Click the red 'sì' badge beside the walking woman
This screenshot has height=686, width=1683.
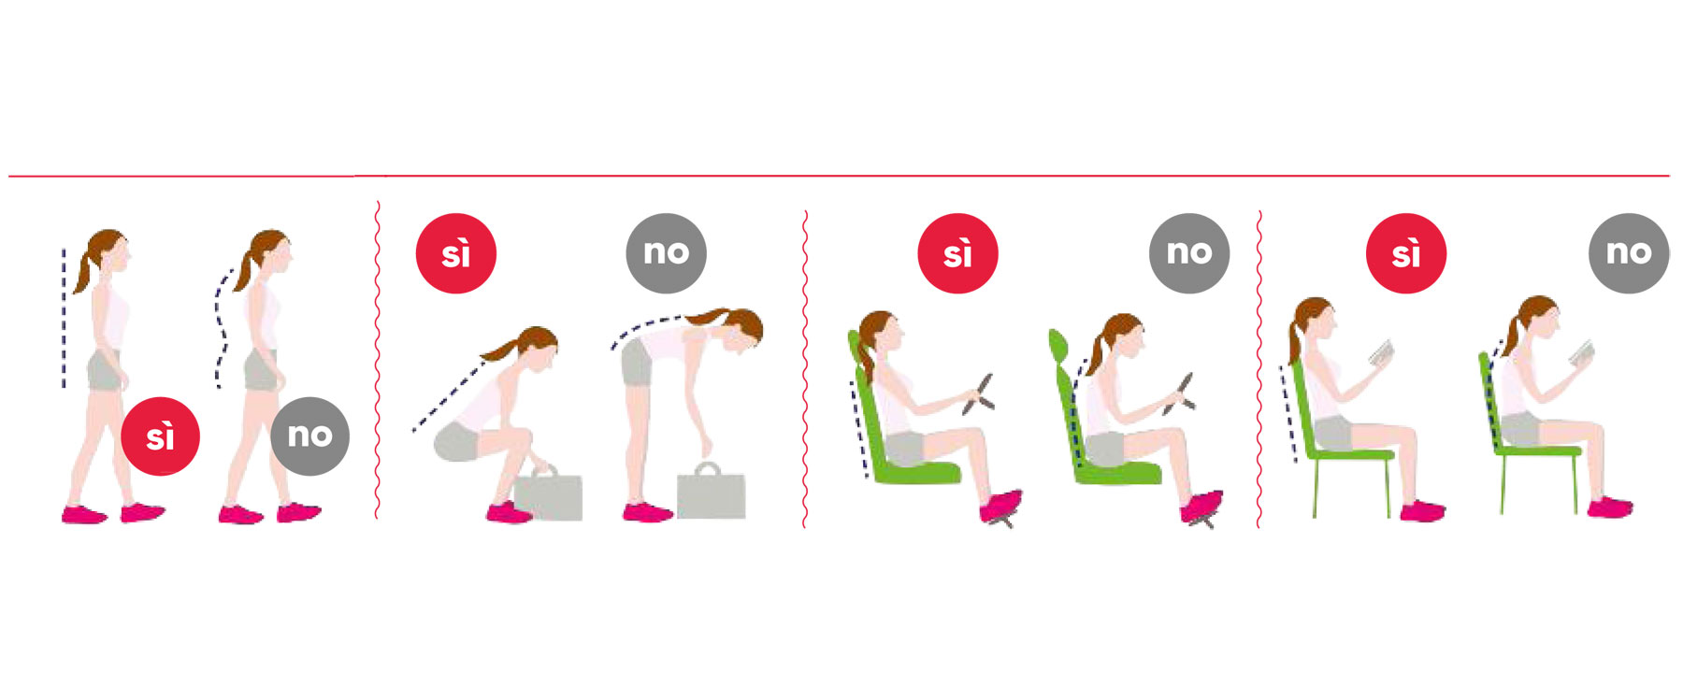[160, 436]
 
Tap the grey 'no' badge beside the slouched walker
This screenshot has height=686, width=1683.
[309, 436]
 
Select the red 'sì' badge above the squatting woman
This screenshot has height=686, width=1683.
[456, 253]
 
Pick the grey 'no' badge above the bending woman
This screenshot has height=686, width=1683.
[666, 253]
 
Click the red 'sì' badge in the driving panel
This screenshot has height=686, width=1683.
[957, 253]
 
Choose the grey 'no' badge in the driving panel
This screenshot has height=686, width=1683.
[1189, 253]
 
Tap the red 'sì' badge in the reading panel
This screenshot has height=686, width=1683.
[1406, 253]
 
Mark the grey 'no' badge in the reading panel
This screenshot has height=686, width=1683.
[1629, 253]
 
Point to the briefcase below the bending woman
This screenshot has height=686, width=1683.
[711, 492]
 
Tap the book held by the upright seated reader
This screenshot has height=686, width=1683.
[1382, 353]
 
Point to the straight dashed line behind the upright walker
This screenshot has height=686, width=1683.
[64, 318]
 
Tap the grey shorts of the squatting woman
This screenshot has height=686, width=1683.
[458, 441]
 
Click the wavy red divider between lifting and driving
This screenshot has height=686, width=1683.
[805, 369]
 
